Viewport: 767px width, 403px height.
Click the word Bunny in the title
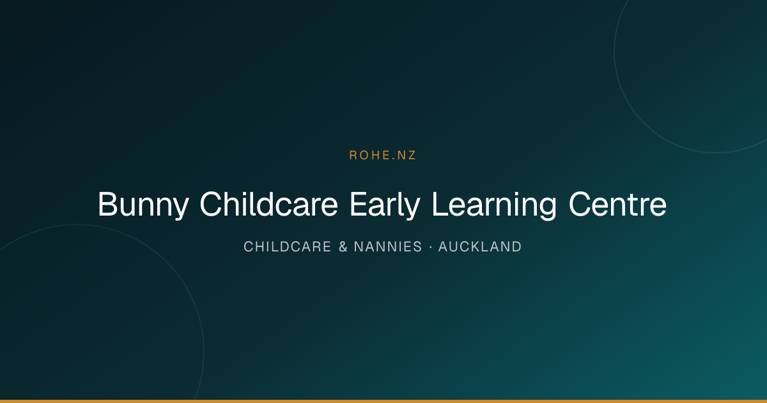143,205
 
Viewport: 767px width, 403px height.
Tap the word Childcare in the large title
269,204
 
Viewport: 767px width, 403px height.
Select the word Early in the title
385,205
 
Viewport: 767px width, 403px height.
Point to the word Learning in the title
494,205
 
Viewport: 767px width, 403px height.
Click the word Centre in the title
617,204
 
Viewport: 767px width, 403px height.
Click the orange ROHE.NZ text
382,155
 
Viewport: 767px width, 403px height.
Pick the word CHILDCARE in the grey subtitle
287,247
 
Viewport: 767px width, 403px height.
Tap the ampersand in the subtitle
343,247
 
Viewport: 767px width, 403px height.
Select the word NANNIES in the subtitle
388,247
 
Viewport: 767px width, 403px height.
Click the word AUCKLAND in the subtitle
480,247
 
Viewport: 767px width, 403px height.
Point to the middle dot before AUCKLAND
430,247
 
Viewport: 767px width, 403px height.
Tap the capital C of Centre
580,204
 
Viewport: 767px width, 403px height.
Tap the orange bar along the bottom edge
383,401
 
